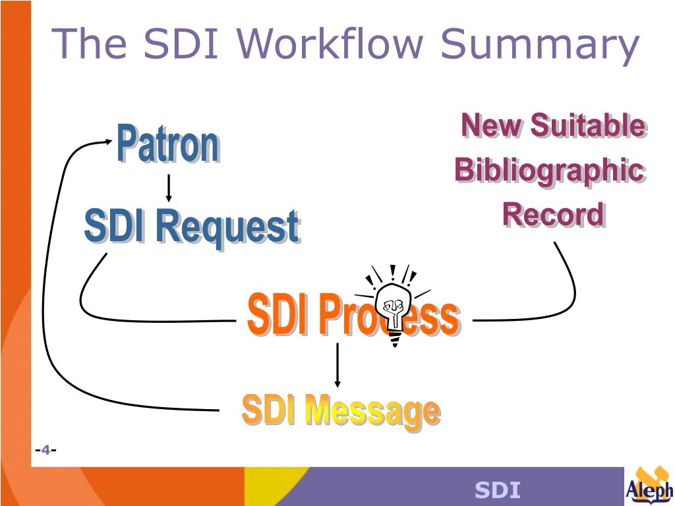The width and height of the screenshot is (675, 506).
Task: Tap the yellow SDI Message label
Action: point(340,410)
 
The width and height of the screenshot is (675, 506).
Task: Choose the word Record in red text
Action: point(552,215)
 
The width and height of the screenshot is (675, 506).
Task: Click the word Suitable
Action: point(587,125)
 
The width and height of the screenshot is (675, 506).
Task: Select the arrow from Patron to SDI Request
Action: point(169,188)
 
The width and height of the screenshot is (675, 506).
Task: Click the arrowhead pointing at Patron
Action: point(106,140)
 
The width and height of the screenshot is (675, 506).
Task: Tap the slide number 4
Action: point(45,450)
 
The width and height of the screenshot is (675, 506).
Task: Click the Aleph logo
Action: point(649,486)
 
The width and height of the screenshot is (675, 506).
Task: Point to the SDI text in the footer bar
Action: point(498,490)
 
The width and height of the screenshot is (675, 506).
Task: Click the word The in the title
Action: point(90,43)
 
